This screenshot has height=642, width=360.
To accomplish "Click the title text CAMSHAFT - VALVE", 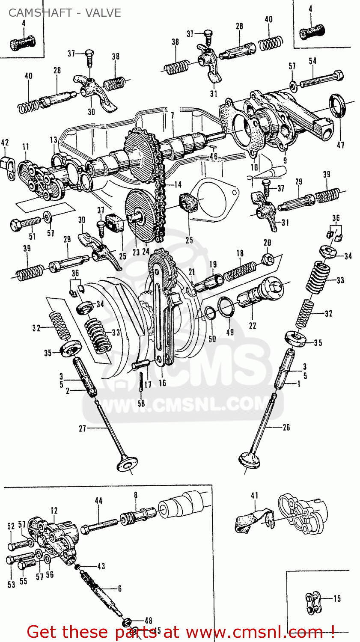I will tap(65, 13).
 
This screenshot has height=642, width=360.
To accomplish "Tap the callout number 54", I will tap(312, 61).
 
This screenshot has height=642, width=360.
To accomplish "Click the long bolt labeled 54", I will tap(321, 80).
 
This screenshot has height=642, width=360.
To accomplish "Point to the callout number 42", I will tap(5, 142).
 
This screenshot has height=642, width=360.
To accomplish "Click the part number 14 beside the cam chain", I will tap(177, 184).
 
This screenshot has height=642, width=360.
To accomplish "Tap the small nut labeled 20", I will tap(268, 258).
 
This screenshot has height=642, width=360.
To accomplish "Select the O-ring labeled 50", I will tap(210, 313).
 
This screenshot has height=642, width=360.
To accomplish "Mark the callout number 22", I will tap(253, 326).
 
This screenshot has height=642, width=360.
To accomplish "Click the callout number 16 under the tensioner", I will tap(162, 383).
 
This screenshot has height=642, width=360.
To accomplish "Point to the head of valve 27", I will tap(127, 464).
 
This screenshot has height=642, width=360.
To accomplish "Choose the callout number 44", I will tap(98, 500).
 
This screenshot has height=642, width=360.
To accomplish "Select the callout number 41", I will tap(255, 496).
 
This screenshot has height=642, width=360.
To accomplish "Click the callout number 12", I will tap(54, 510).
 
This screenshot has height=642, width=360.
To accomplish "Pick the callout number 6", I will tap(119, 588).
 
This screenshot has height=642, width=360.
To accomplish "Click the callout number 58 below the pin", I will tap(141, 403).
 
